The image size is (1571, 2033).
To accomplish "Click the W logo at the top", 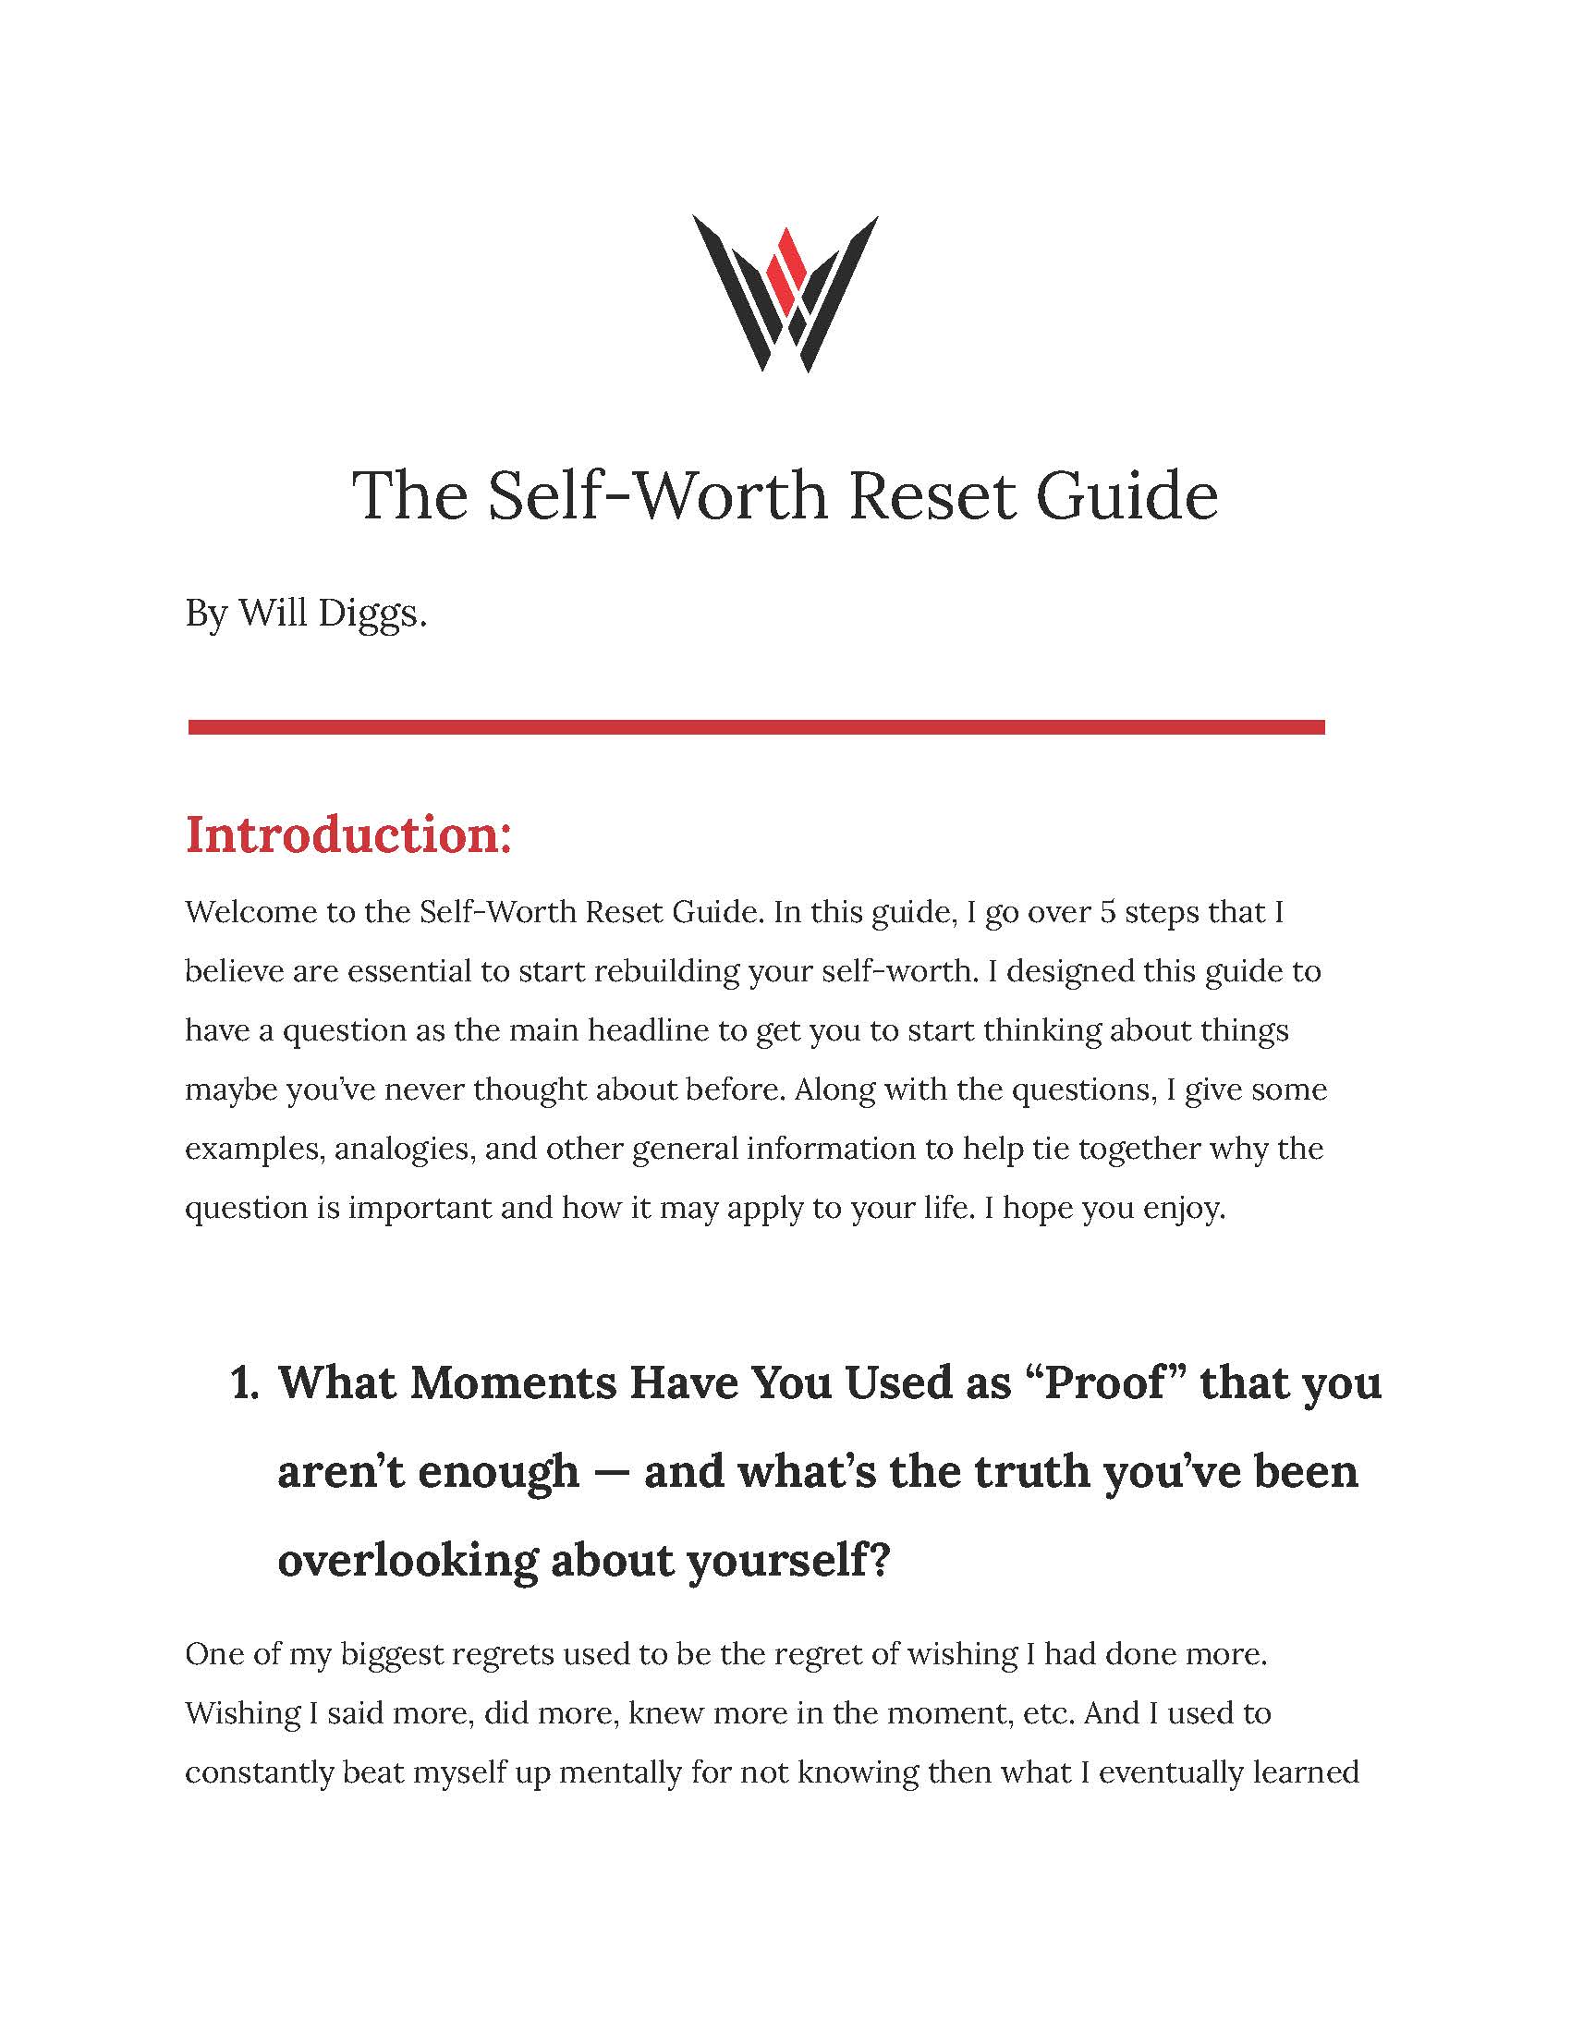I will (785, 293).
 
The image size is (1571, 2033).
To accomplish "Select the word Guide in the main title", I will (1127, 495).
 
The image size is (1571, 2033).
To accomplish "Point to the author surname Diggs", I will (371, 614).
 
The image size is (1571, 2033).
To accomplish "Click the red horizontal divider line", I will (756, 726).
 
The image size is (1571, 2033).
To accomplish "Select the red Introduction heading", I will (349, 834).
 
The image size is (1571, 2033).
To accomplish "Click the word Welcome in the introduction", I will (250, 912).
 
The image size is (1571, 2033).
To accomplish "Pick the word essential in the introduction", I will (400, 972).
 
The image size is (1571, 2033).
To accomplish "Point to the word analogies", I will (403, 1149).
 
